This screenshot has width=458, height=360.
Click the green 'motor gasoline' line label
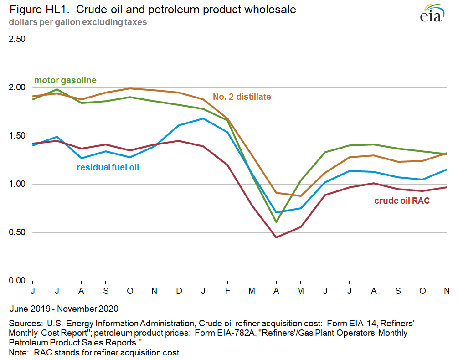point(65,81)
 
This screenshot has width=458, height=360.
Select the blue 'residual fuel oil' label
point(108,167)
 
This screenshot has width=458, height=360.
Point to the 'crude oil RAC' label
point(402,201)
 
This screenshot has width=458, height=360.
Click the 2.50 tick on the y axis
point(17,39)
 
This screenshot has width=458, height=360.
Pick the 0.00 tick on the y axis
point(17,281)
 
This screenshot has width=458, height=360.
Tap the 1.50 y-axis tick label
point(17,136)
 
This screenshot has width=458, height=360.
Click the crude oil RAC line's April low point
point(276,237)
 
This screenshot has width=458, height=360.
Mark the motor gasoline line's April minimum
point(276,222)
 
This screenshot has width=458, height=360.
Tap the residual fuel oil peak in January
point(203,118)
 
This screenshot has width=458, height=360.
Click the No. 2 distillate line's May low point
point(301,196)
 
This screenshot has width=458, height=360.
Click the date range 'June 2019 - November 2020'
point(63,309)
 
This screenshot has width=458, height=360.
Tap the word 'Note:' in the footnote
point(19,352)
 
